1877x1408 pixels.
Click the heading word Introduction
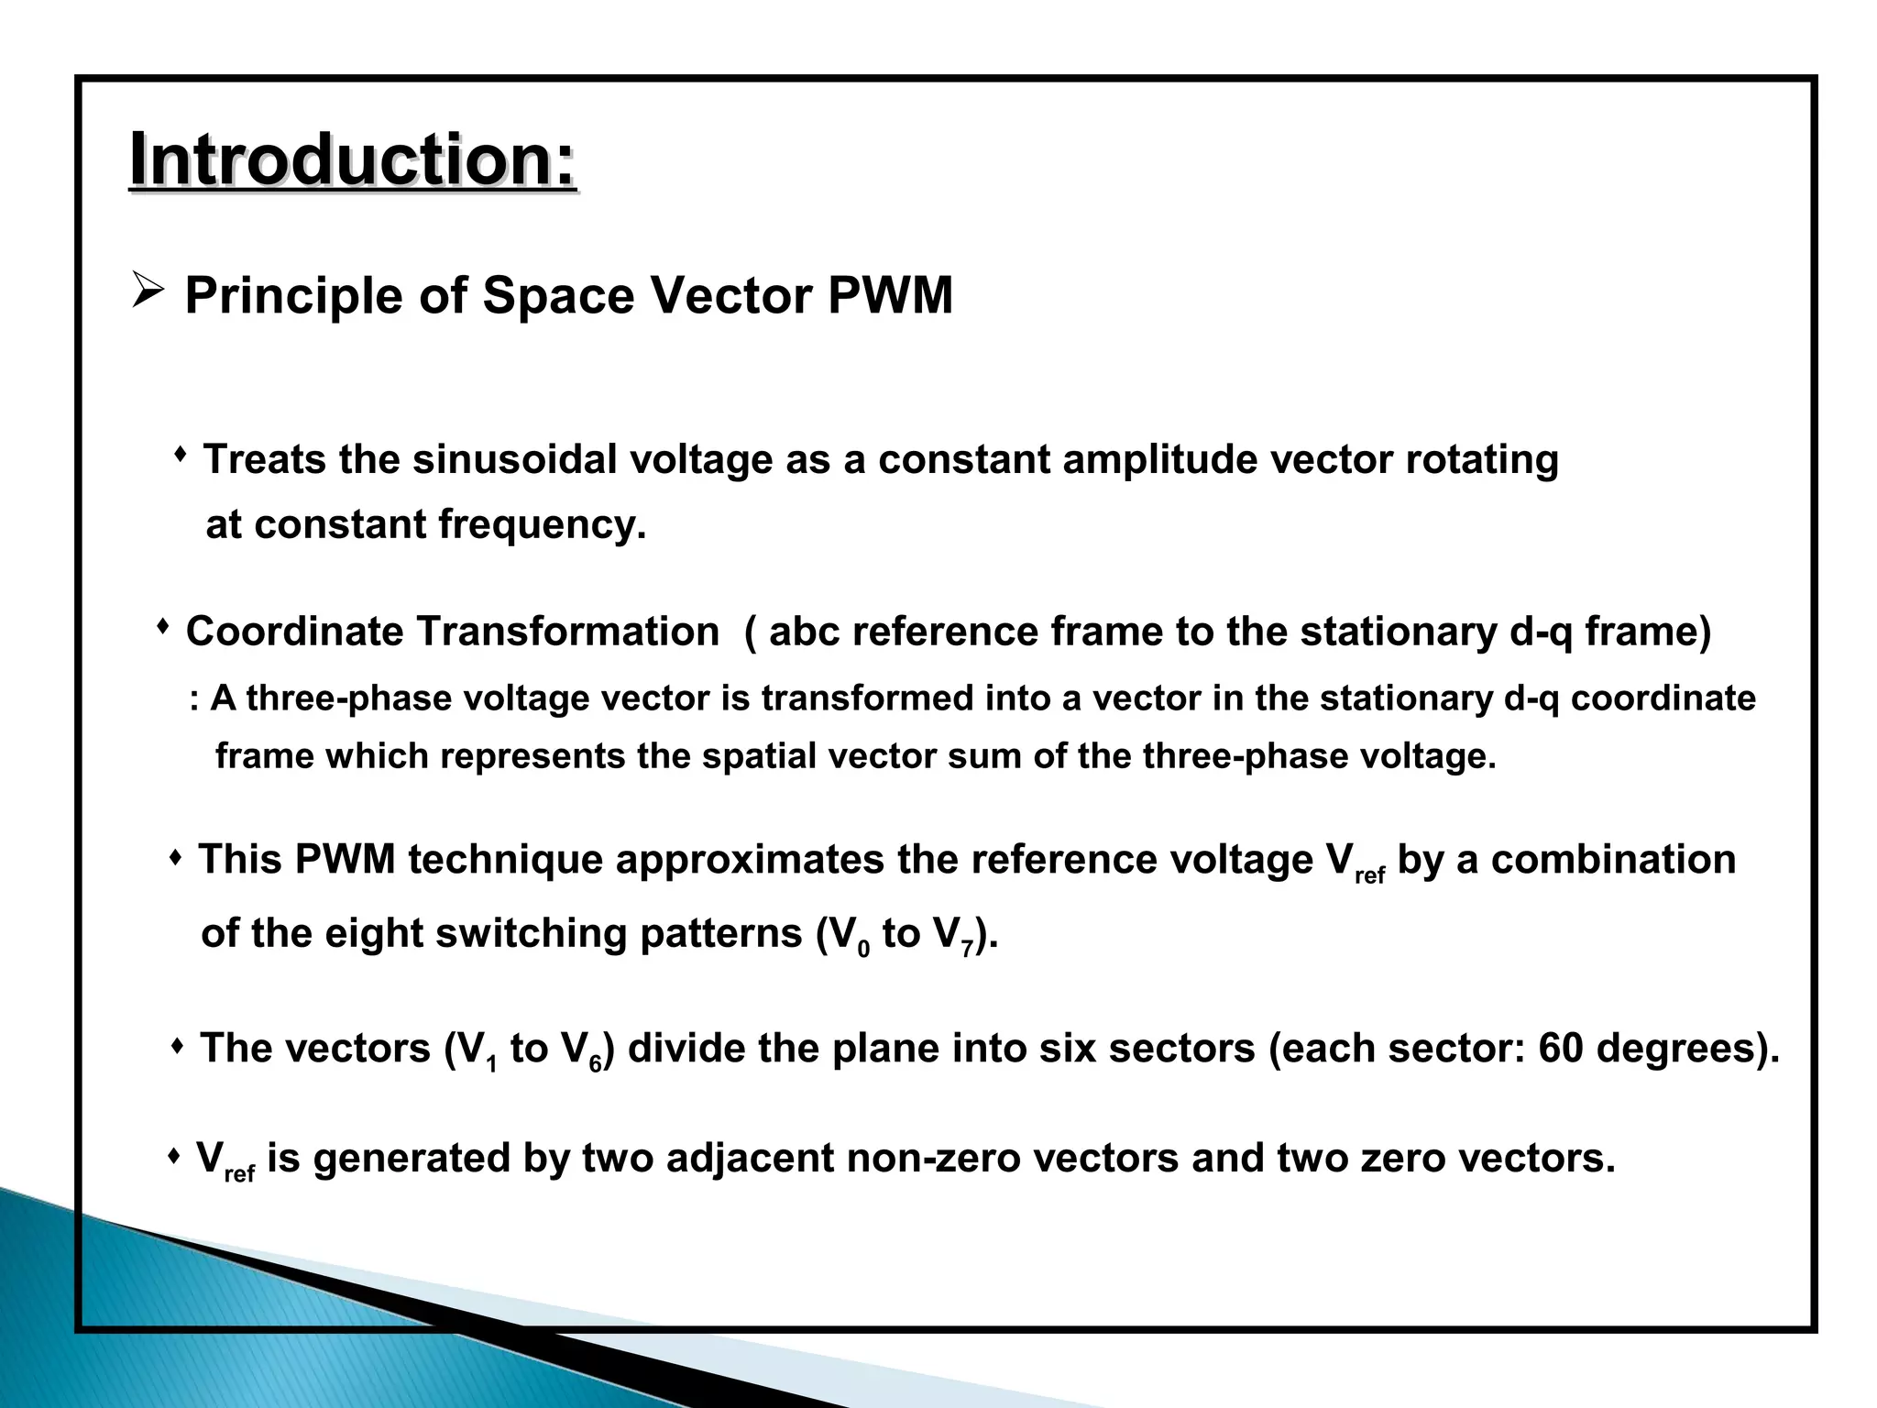point(352,161)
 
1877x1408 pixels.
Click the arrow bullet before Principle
point(148,291)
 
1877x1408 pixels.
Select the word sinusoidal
point(514,459)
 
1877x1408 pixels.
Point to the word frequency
point(542,525)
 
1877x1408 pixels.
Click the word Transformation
point(567,632)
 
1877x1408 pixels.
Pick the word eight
point(373,934)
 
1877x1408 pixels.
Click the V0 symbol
point(849,936)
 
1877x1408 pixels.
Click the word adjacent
point(749,1159)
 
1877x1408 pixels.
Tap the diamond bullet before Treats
point(181,454)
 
